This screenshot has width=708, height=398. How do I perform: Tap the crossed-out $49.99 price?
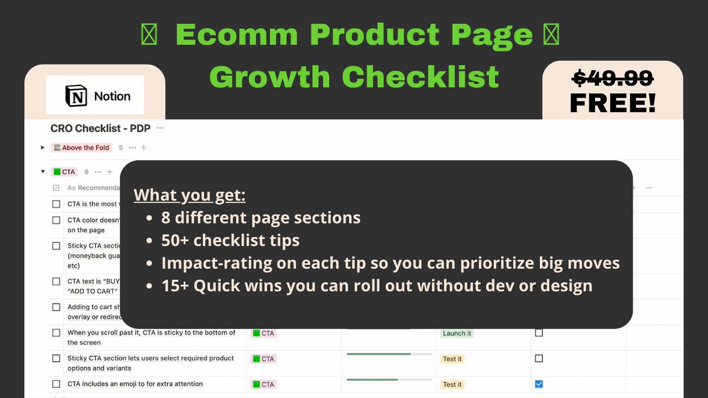[x=613, y=77]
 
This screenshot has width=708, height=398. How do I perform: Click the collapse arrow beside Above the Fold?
[x=42, y=147]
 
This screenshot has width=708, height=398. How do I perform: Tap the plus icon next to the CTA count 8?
[x=109, y=172]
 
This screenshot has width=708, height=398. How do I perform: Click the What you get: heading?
[x=189, y=195]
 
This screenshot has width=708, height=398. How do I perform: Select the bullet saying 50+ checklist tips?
[x=231, y=240]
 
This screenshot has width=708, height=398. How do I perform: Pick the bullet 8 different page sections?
[x=261, y=218]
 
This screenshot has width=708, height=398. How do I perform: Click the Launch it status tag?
[x=457, y=333]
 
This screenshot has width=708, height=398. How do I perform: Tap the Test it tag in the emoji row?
[x=453, y=384]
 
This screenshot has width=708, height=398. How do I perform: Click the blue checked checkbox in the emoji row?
[x=539, y=384]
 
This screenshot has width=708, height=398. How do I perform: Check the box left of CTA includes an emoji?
[x=56, y=384]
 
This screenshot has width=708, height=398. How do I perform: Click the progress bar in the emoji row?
[x=389, y=380]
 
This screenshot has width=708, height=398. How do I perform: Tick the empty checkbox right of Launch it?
[x=539, y=333]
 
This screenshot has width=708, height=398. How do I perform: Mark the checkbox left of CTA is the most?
[x=56, y=204]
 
